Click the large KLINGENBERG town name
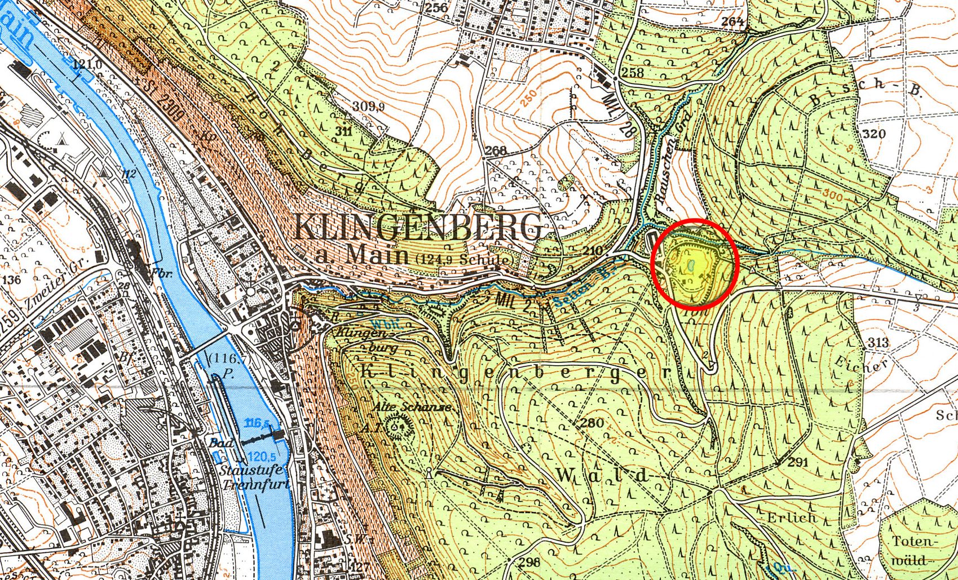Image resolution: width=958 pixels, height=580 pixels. click(x=417, y=228)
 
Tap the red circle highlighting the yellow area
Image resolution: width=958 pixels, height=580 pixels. click(x=695, y=264)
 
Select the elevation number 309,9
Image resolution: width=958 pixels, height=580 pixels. click(x=369, y=106)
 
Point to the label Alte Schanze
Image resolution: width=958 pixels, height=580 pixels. click(x=411, y=406)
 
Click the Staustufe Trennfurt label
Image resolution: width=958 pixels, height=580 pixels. click(x=255, y=478)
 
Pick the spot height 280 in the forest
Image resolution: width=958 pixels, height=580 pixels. click(x=591, y=423)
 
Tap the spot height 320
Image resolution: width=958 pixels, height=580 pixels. click(x=874, y=134)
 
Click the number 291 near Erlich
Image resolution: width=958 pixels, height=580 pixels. click(x=798, y=462)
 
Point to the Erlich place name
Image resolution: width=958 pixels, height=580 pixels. click(x=792, y=517)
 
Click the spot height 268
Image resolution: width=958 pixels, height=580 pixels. click(x=496, y=150)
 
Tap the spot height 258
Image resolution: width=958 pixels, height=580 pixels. click(x=632, y=72)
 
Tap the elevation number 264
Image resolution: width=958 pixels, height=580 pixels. click(x=732, y=21)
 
